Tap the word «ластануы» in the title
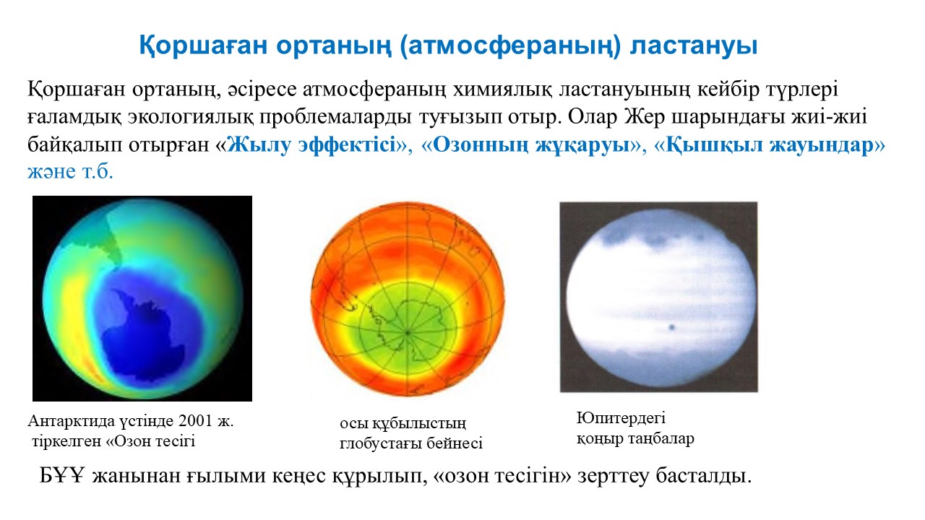[x=693, y=45]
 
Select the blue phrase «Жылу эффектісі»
[x=311, y=145]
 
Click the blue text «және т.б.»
[x=70, y=172]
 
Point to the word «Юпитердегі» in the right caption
[x=621, y=418]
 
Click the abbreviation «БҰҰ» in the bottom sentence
[x=61, y=476]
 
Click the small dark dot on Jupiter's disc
[x=671, y=327]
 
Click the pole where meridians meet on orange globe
[x=408, y=331]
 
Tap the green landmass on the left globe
[x=106, y=239]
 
